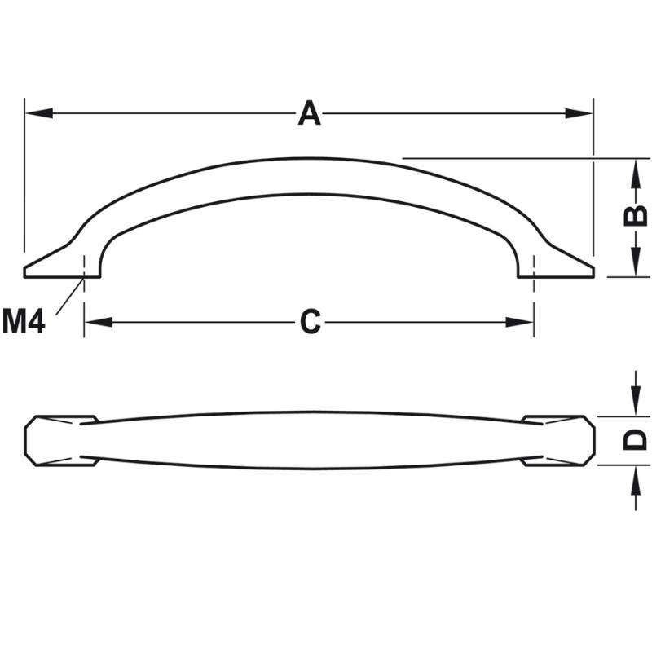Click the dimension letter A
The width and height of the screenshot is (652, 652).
coord(310,113)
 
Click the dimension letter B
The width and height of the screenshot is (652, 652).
coord(636,216)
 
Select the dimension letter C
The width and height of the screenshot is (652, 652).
coord(311,321)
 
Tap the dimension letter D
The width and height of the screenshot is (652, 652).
coord(635,440)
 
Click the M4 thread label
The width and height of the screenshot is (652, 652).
coord(24,321)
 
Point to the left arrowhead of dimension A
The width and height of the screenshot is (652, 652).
coord(38,113)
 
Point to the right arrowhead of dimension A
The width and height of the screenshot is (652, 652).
coord(579,113)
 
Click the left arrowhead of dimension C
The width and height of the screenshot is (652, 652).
coord(99,322)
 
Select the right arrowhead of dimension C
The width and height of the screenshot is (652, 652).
coord(519,322)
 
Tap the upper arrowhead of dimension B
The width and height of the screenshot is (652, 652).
coord(636,173)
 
